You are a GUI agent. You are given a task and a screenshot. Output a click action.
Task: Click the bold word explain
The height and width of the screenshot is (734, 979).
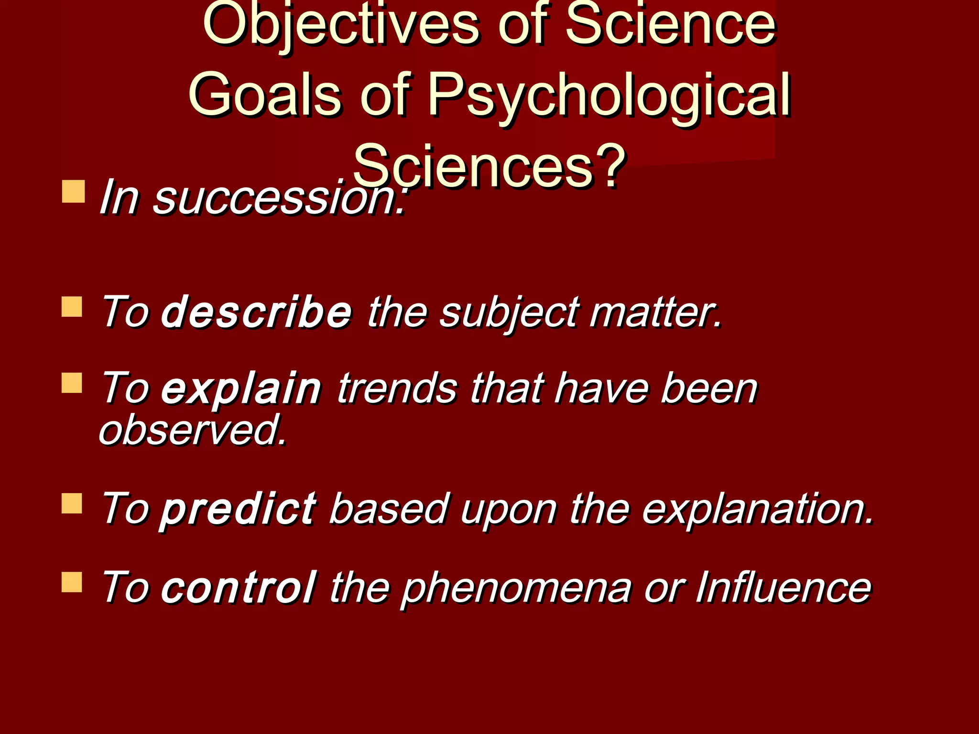coord(241,389)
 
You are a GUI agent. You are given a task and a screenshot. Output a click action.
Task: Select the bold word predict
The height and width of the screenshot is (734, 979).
coord(238,509)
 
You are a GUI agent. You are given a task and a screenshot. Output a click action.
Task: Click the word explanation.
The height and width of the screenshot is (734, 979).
coord(758,508)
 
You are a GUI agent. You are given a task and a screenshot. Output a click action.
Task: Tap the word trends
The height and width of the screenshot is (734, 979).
coord(397,388)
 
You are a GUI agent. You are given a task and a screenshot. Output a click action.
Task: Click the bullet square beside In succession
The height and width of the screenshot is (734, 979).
coord(73,191)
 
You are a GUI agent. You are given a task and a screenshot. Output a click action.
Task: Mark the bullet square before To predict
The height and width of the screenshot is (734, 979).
coord(72,503)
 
